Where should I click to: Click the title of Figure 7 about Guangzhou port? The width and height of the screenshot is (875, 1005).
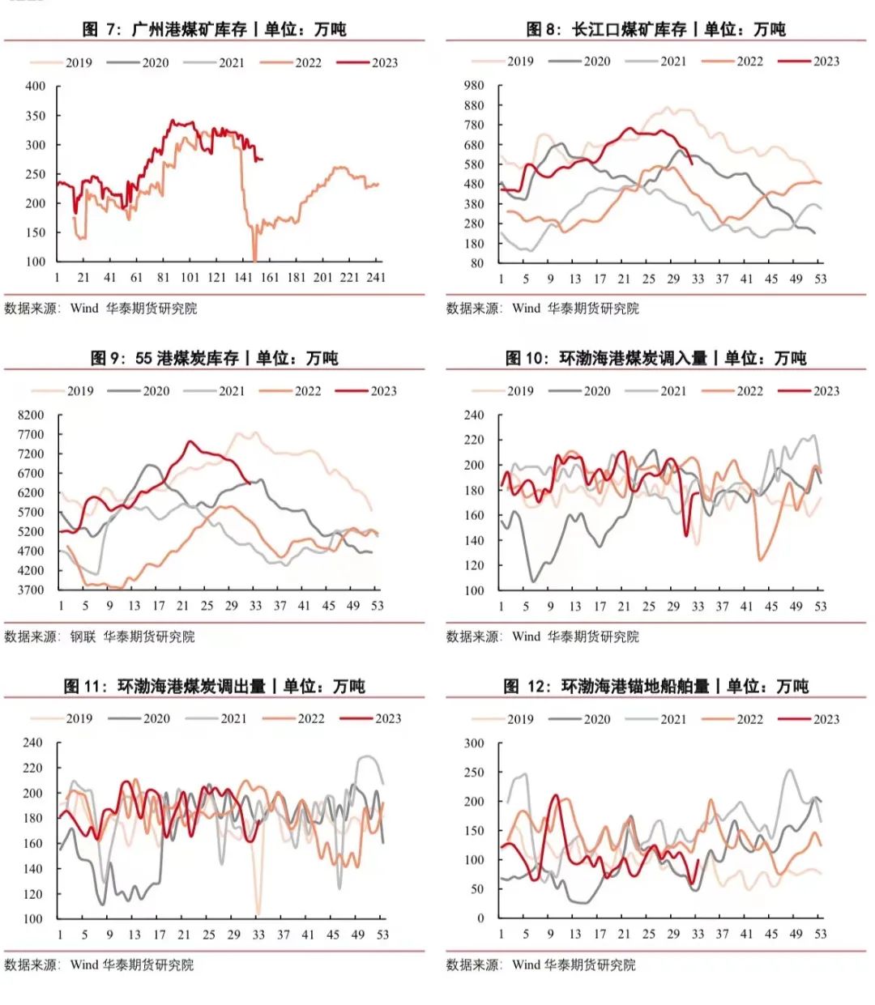214,29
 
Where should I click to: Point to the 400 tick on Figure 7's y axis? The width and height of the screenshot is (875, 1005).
36,86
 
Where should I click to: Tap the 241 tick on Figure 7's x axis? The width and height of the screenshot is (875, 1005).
375,277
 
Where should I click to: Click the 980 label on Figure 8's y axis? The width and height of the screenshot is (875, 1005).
474,85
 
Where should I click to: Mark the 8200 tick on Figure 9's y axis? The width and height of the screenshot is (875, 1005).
31,415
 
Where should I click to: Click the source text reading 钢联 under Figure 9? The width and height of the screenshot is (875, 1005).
82,637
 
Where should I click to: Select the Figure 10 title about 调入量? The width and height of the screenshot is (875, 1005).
655,358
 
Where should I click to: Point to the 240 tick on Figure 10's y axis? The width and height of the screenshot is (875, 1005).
474,415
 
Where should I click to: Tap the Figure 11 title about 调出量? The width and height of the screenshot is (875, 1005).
214,686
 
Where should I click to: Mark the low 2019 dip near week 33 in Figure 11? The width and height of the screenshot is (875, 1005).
258,913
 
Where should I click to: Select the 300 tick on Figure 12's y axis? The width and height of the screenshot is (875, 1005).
474,743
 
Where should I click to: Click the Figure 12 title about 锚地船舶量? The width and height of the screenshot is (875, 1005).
655,686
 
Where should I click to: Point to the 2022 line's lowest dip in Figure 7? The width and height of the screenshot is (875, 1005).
254,260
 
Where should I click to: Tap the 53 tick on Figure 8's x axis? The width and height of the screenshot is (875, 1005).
820,278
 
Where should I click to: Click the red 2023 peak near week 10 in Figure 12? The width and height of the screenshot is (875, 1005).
556,795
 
